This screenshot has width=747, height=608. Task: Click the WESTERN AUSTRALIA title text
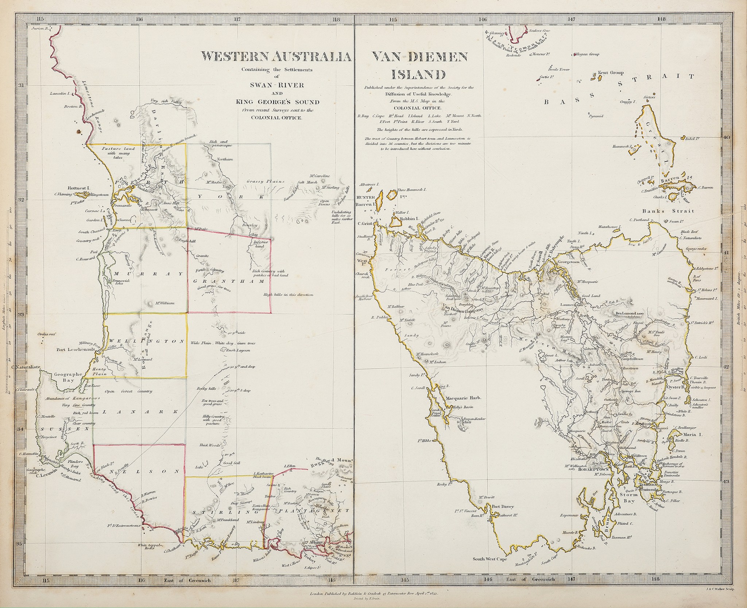(x=276, y=57)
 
